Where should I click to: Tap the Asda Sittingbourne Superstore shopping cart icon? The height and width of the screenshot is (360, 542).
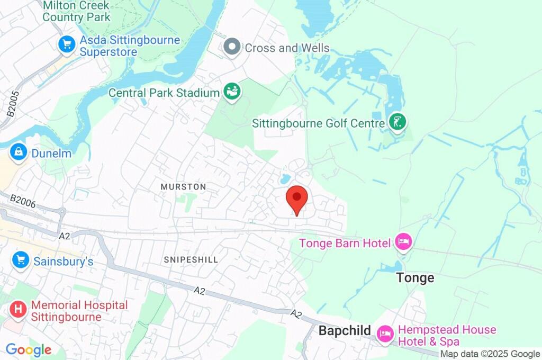pyautogui.click(x=67, y=44)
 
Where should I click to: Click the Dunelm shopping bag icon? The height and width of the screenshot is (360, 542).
pyautogui.click(x=19, y=152)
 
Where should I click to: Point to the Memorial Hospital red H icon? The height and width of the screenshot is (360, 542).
pyautogui.click(x=19, y=310)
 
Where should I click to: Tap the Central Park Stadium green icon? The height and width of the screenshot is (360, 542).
pyautogui.click(x=232, y=92)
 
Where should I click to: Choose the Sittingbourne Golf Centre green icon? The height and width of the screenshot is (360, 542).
pyautogui.click(x=397, y=122)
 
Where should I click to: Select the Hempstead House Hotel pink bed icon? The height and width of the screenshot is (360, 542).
pyautogui.click(x=385, y=334)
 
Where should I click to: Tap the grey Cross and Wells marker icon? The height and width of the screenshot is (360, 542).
pyautogui.click(x=232, y=47)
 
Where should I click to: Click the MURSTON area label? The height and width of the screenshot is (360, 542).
pyautogui.click(x=183, y=187)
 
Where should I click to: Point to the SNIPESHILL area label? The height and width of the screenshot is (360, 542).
pyautogui.click(x=191, y=259)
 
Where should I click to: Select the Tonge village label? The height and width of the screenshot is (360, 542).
pyautogui.click(x=415, y=278)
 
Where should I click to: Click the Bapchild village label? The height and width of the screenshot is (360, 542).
pyautogui.click(x=345, y=331)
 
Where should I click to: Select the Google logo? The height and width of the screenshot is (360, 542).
pyautogui.click(x=29, y=350)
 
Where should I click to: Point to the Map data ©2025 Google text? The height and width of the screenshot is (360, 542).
pyautogui.click(x=490, y=354)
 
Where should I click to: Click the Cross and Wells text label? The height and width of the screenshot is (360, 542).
pyautogui.click(x=287, y=48)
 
